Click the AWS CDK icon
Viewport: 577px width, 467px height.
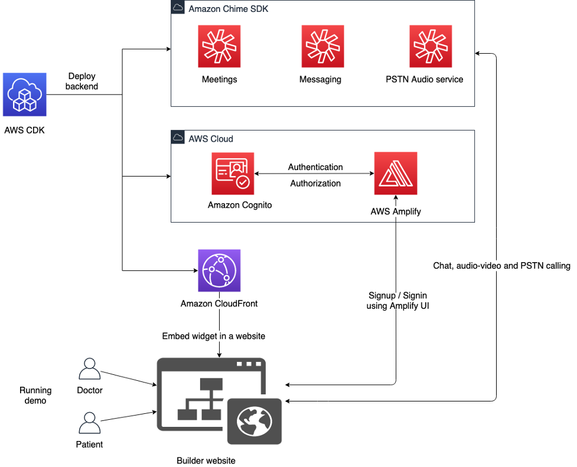[x=24, y=94]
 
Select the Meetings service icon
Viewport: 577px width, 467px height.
[x=219, y=47]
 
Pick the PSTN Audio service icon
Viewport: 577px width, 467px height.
[x=431, y=47]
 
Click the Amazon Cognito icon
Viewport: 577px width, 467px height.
[x=233, y=174]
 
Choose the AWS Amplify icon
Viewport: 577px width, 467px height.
[x=396, y=174]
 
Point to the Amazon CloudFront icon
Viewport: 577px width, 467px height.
[x=219, y=270]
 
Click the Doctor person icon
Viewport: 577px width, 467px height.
[x=90, y=370]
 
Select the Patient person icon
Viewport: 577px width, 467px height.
[x=90, y=423]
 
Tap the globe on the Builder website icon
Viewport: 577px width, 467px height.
[x=254, y=421]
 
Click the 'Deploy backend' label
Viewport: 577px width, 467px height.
[x=82, y=81]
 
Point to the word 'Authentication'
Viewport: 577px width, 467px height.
[x=315, y=167]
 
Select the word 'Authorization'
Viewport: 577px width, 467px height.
[x=315, y=184]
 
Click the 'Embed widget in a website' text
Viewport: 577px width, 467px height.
[x=214, y=336]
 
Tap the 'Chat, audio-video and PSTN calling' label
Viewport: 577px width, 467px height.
[x=501, y=266]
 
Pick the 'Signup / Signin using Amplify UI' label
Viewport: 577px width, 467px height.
[x=398, y=301]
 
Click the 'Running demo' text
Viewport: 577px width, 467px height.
[x=35, y=395]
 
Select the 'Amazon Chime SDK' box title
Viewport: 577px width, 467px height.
[x=228, y=9]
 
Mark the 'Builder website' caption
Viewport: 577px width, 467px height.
[x=206, y=460]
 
